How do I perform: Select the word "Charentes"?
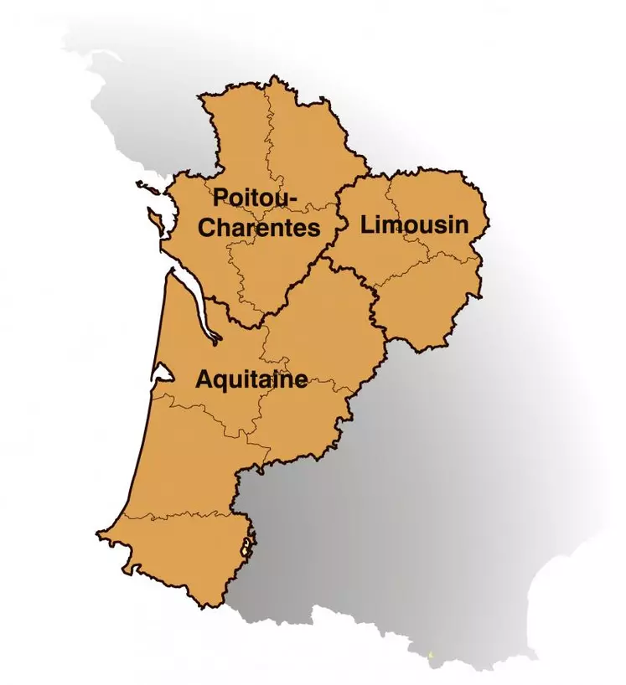(259, 228)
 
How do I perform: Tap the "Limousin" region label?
(413, 224)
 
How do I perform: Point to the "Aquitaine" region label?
(251, 380)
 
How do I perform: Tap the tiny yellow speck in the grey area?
(432, 654)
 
